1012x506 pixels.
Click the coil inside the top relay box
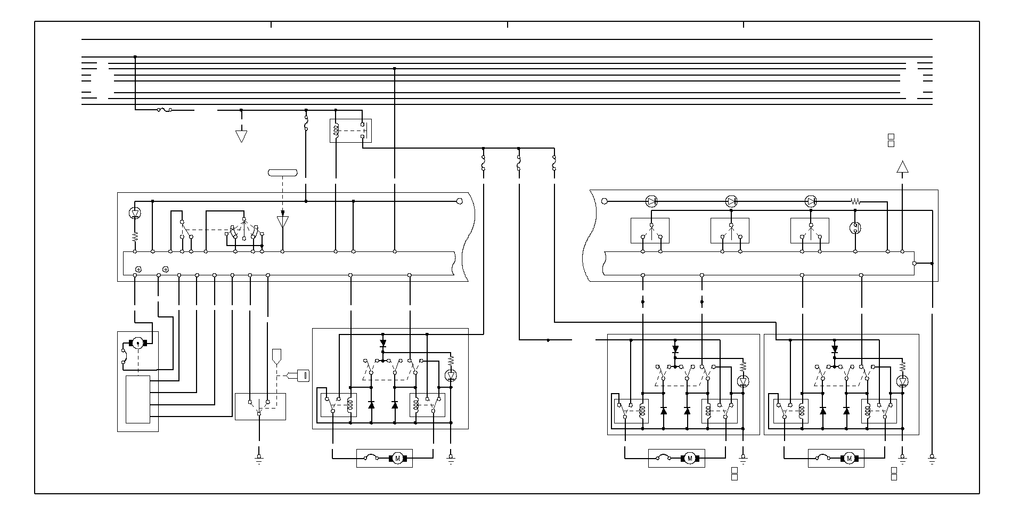point(336,131)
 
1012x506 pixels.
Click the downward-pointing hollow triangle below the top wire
point(241,136)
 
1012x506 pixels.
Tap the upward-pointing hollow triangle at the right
point(902,167)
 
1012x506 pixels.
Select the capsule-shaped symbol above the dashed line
point(282,172)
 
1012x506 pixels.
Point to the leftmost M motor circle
point(397,459)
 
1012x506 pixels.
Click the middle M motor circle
point(689,458)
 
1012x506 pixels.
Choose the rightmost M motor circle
point(849,458)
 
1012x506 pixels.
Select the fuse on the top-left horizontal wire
point(164,110)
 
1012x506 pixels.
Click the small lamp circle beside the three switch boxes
point(855,228)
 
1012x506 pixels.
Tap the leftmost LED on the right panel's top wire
point(651,201)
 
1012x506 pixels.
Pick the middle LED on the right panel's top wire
point(731,201)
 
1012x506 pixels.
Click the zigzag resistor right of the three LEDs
point(855,201)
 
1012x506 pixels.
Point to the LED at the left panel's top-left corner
point(135,213)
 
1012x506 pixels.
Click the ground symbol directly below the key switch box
point(259,458)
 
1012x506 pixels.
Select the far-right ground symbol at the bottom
point(932,458)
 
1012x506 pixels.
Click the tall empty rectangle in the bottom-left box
point(137,399)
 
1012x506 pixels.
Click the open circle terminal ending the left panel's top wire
point(460,201)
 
